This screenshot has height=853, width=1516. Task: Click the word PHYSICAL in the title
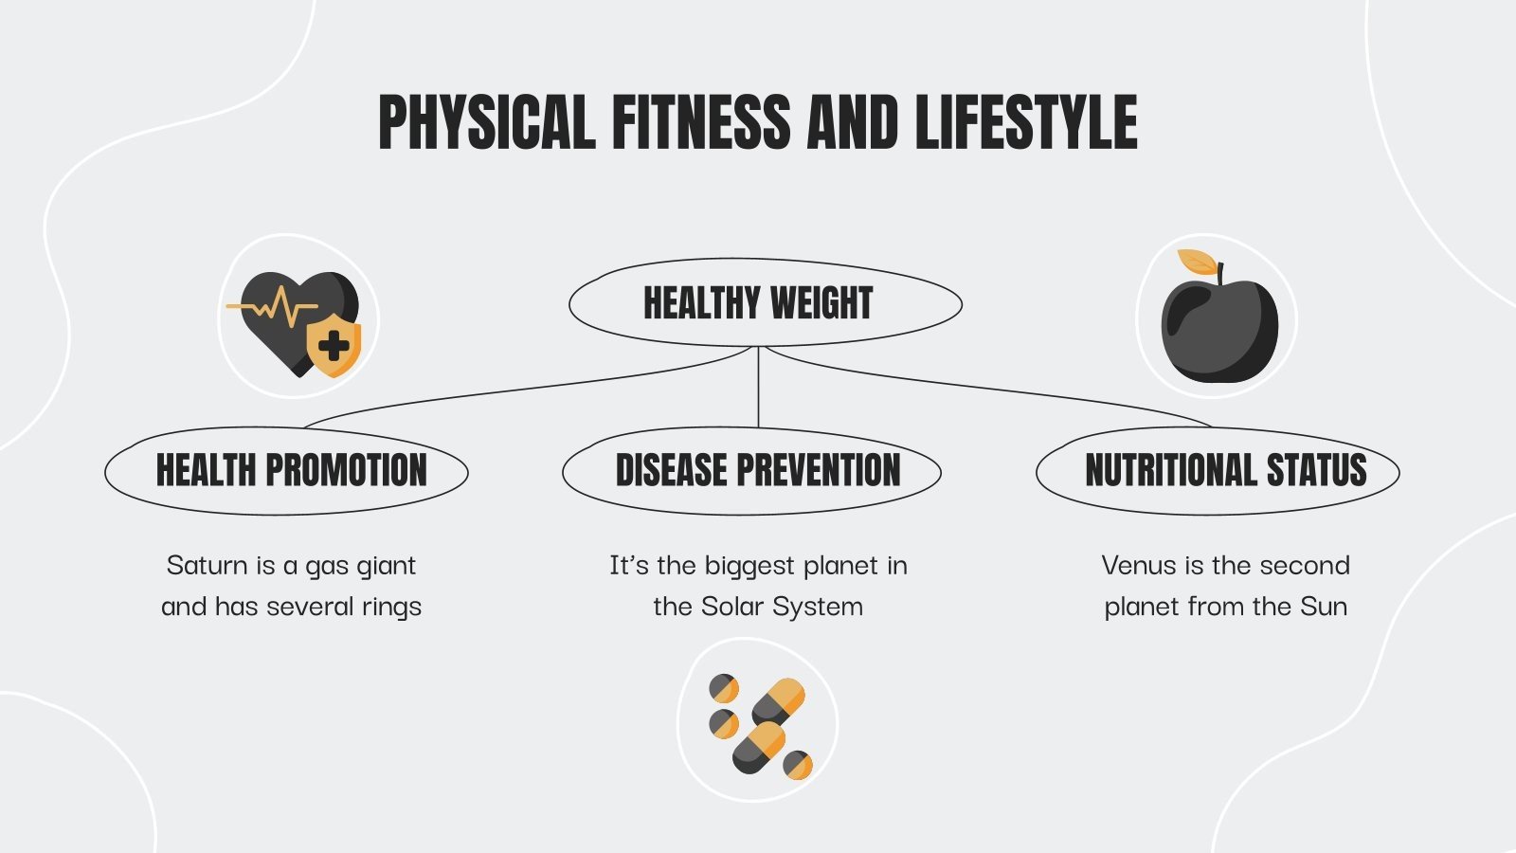point(487,122)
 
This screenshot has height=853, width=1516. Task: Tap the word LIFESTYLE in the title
point(1025,122)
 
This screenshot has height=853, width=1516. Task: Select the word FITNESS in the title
point(700,122)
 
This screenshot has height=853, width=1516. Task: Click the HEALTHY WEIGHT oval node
point(758,303)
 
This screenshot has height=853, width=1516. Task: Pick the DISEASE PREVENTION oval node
point(758,471)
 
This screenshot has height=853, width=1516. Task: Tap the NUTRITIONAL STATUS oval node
point(1225,471)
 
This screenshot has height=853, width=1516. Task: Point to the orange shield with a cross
point(334,347)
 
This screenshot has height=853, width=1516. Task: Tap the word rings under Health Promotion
point(391,607)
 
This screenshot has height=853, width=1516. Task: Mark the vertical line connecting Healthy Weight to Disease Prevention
point(758,387)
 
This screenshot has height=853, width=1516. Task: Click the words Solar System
point(783,607)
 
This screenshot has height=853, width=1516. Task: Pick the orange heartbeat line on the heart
point(275,307)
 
